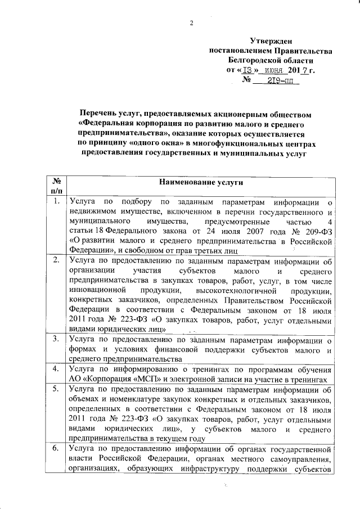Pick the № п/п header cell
tap(56, 187)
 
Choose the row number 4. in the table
tap(56, 369)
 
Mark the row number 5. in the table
tap(56, 389)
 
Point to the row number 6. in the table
tap(56, 448)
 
